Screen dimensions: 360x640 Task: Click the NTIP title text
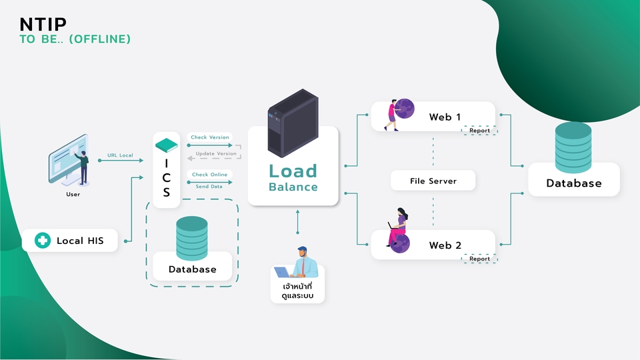(x=43, y=24)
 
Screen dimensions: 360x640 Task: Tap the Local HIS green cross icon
(x=43, y=241)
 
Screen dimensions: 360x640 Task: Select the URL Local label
(x=121, y=155)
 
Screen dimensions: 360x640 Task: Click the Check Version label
(x=210, y=137)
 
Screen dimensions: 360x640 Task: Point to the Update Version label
(x=216, y=153)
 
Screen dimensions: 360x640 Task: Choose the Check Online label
(x=210, y=175)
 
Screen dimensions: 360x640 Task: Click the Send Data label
(x=209, y=187)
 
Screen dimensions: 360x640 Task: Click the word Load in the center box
(x=293, y=171)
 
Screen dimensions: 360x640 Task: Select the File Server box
(x=433, y=180)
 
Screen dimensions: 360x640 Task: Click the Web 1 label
(x=445, y=117)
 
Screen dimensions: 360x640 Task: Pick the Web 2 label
(x=445, y=245)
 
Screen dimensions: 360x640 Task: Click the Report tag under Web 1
(x=479, y=131)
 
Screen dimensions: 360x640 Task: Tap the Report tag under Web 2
(x=479, y=259)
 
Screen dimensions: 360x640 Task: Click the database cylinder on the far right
(x=573, y=147)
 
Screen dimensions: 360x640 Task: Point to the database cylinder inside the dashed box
(x=192, y=237)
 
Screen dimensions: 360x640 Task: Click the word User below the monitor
(x=73, y=195)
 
